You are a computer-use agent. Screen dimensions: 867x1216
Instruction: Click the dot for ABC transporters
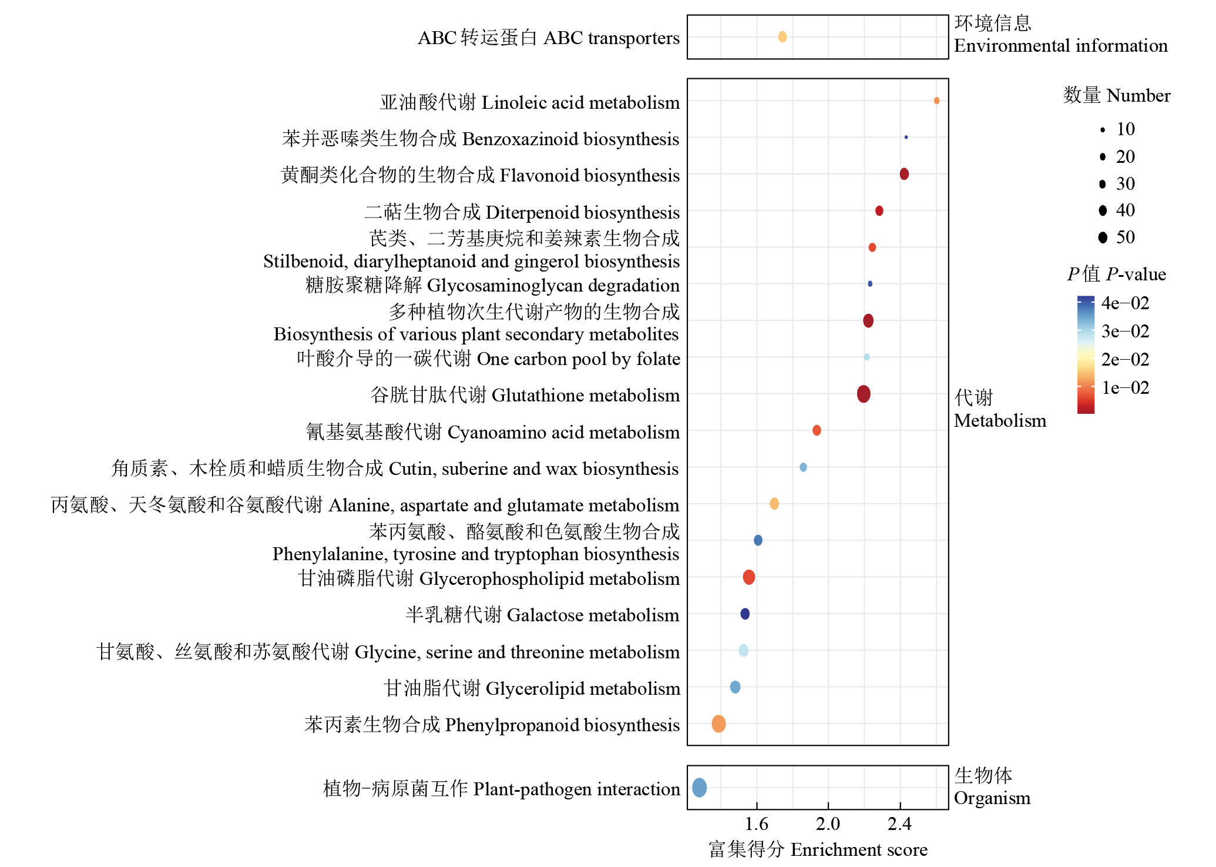click(x=782, y=37)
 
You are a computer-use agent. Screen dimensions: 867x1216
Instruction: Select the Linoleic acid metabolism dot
click(x=936, y=101)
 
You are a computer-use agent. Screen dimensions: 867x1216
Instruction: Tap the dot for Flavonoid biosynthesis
click(x=904, y=174)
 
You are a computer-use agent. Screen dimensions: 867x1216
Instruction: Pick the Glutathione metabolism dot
click(x=864, y=394)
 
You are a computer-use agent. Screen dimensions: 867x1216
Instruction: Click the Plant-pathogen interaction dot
click(x=699, y=787)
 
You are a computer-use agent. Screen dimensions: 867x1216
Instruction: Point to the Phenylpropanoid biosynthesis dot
click(x=718, y=724)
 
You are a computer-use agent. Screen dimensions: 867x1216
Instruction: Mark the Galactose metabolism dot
click(x=745, y=614)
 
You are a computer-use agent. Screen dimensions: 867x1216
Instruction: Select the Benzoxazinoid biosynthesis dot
click(x=906, y=137)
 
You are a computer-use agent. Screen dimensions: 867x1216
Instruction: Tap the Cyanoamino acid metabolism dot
click(x=817, y=430)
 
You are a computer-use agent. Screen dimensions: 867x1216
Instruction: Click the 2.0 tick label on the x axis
click(x=828, y=824)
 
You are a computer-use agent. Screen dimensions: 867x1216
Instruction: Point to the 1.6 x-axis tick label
click(x=757, y=824)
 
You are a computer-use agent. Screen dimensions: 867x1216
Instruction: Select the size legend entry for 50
click(x=1103, y=237)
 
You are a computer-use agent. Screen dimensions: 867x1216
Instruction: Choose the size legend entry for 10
click(x=1103, y=130)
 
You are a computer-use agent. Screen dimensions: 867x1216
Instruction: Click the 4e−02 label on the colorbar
click(x=1125, y=303)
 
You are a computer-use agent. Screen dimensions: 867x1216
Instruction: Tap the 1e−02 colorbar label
click(x=1125, y=388)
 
